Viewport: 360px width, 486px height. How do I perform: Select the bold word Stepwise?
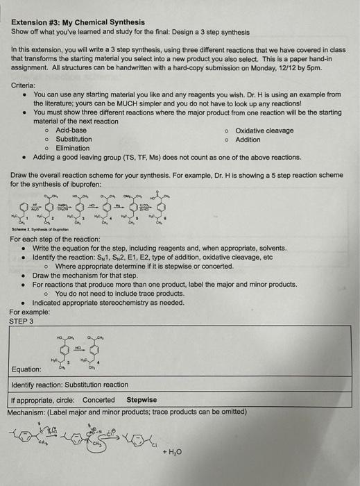pyautogui.click(x=142, y=400)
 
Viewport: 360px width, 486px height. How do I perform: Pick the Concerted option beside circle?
pyautogui.click(x=98, y=400)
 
